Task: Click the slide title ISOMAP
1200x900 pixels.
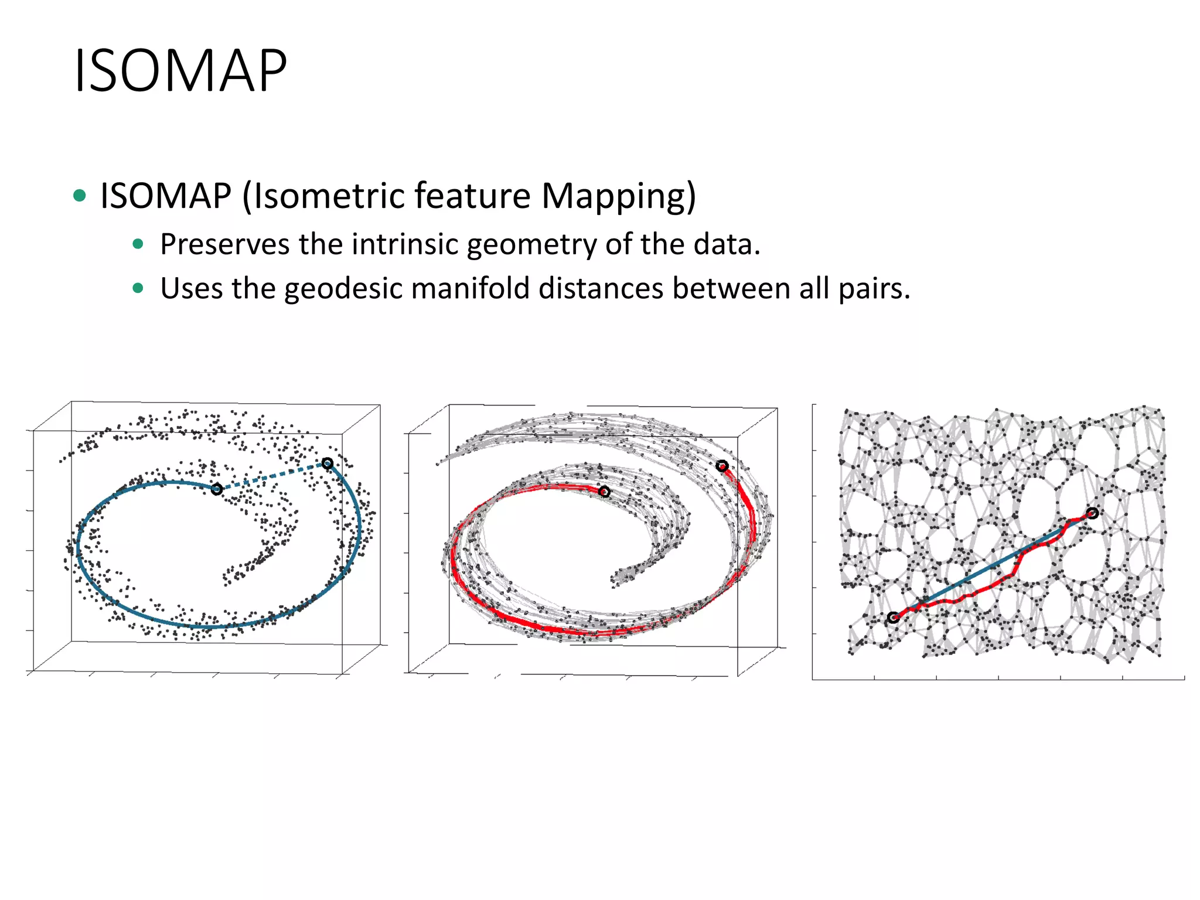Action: coord(180,71)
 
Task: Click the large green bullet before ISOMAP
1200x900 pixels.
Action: coord(80,196)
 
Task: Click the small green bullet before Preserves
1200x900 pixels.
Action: coord(138,244)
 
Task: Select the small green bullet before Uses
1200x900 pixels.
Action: coord(138,288)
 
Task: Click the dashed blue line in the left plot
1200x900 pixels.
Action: coord(272,476)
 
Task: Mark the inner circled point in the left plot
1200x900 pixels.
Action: coord(217,489)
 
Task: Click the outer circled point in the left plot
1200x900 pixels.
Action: coord(328,463)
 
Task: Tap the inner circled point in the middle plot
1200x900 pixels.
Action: coord(604,492)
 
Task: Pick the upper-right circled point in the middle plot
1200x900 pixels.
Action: coord(722,466)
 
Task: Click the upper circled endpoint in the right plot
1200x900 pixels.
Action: coord(1092,513)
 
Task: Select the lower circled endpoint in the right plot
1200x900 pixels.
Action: coord(893,618)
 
